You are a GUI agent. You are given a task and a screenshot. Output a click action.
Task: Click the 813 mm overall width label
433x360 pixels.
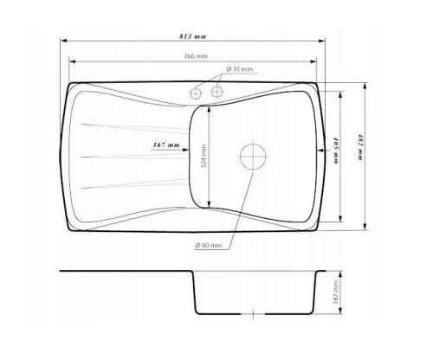click(x=192, y=36)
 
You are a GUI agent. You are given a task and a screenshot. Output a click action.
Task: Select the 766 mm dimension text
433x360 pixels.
click(x=196, y=56)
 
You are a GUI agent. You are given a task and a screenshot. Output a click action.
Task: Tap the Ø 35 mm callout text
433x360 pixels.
click(x=240, y=69)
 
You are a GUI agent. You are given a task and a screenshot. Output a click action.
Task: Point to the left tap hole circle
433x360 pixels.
click(x=196, y=93)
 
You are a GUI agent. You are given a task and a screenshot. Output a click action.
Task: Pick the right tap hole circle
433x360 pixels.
click(x=216, y=92)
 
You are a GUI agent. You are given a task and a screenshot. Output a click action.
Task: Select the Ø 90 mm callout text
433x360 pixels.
click(x=209, y=246)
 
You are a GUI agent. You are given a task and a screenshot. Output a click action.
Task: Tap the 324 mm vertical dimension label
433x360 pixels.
click(x=204, y=156)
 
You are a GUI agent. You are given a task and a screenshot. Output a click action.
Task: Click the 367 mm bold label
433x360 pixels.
click(x=166, y=145)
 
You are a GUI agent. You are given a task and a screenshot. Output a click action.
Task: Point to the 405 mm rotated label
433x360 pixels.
click(x=337, y=151)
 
